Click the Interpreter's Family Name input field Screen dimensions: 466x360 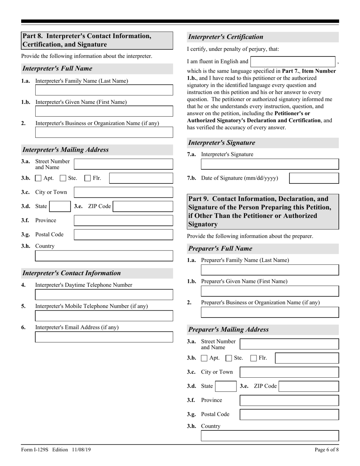click(104, 90)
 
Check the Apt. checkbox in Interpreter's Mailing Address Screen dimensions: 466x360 click(38, 178)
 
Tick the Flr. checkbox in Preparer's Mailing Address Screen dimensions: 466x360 click(254, 358)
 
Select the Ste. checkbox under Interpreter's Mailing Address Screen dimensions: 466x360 click(63, 178)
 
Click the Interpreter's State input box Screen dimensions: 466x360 click(60, 206)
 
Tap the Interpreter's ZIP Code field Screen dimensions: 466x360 click(143, 206)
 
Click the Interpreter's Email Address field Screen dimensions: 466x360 click(104, 337)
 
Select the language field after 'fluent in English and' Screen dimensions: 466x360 click(293, 61)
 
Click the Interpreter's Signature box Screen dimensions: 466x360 click(270, 164)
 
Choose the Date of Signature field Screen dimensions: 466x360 click(314, 178)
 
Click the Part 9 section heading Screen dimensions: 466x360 click(263, 211)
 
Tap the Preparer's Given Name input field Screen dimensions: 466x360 click(270, 291)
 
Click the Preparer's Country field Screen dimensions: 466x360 click(270, 436)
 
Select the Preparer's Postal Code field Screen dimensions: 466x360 click(290, 414)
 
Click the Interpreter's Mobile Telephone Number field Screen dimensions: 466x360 click(104, 316)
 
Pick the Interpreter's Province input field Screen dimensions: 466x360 click(123, 220)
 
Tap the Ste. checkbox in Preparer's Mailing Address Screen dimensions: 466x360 click(229, 358)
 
